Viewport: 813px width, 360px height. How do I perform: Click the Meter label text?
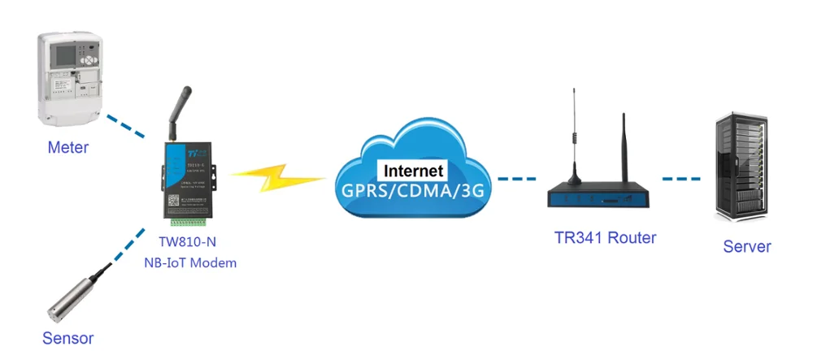(67, 148)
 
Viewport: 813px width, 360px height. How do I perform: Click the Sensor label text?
(68, 338)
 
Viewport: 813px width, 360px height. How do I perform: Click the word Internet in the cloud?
(414, 171)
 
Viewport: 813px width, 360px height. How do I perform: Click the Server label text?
(746, 246)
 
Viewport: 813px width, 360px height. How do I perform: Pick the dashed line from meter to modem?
(125, 124)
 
